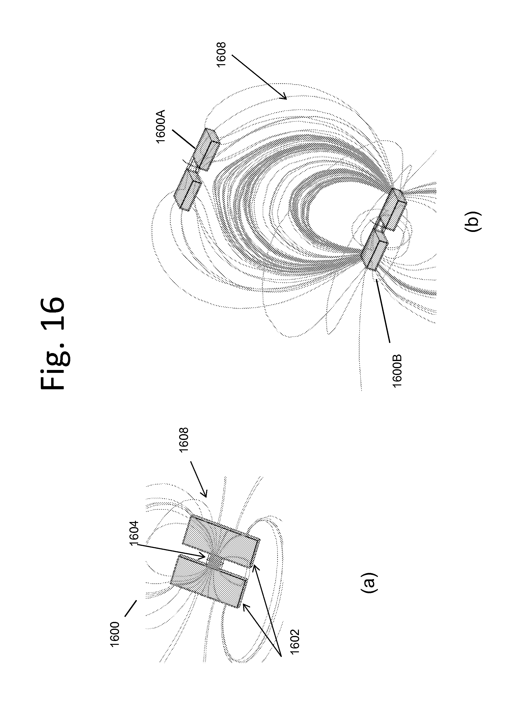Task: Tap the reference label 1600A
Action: click(161, 126)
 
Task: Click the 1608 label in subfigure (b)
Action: click(221, 54)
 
